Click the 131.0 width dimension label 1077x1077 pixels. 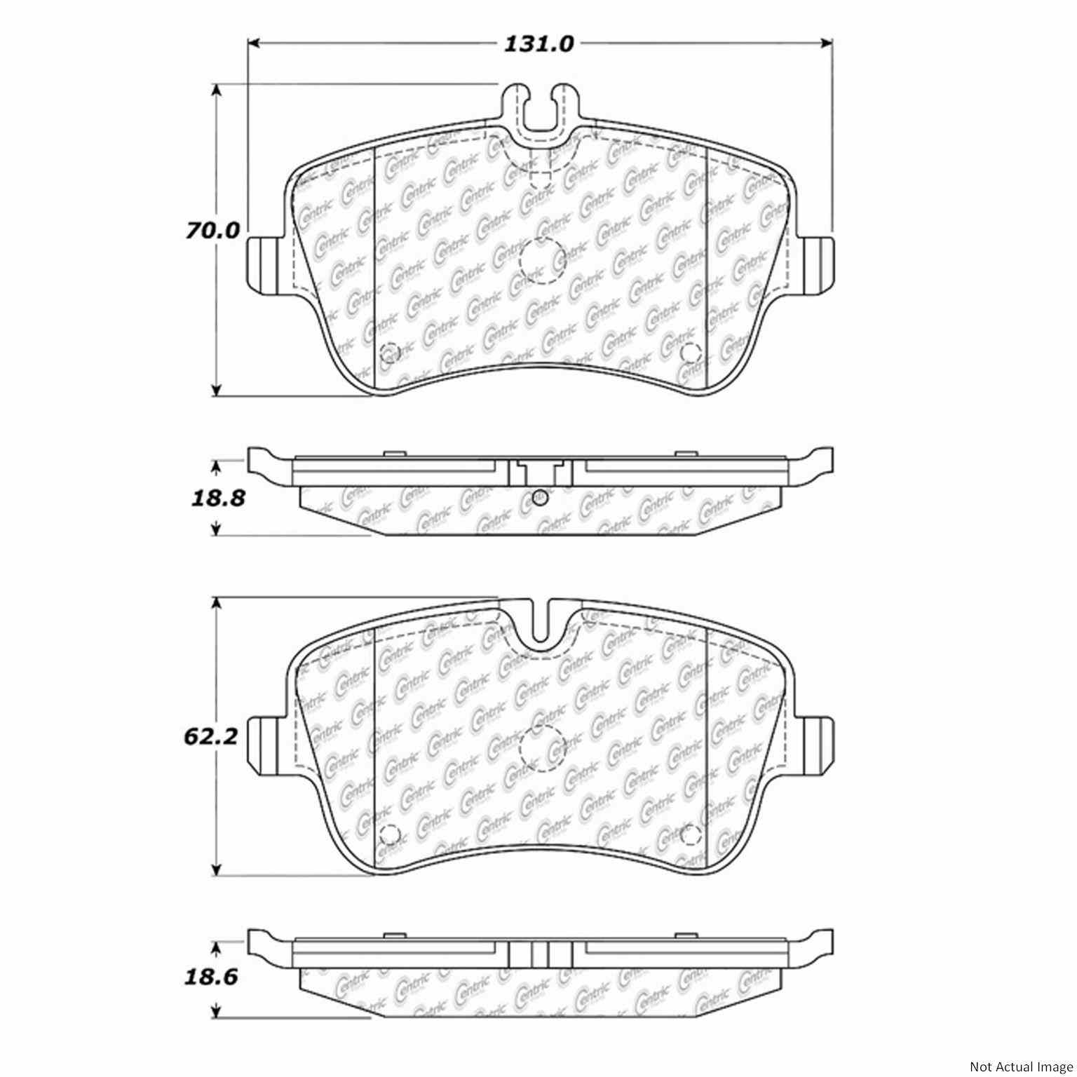[x=539, y=44]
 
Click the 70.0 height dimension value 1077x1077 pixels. [x=212, y=231]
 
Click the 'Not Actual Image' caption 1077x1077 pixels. [x=1020, y=1066]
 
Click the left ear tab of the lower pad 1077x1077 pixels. [x=266, y=744]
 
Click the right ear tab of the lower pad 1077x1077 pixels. [x=815, y=744]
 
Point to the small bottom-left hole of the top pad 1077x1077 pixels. [x=388, y=352]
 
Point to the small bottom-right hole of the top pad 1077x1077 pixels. [x=691, y=352]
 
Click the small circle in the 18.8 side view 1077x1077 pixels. [x=538, y=498]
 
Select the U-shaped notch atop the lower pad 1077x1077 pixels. [x=540, y=623]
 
